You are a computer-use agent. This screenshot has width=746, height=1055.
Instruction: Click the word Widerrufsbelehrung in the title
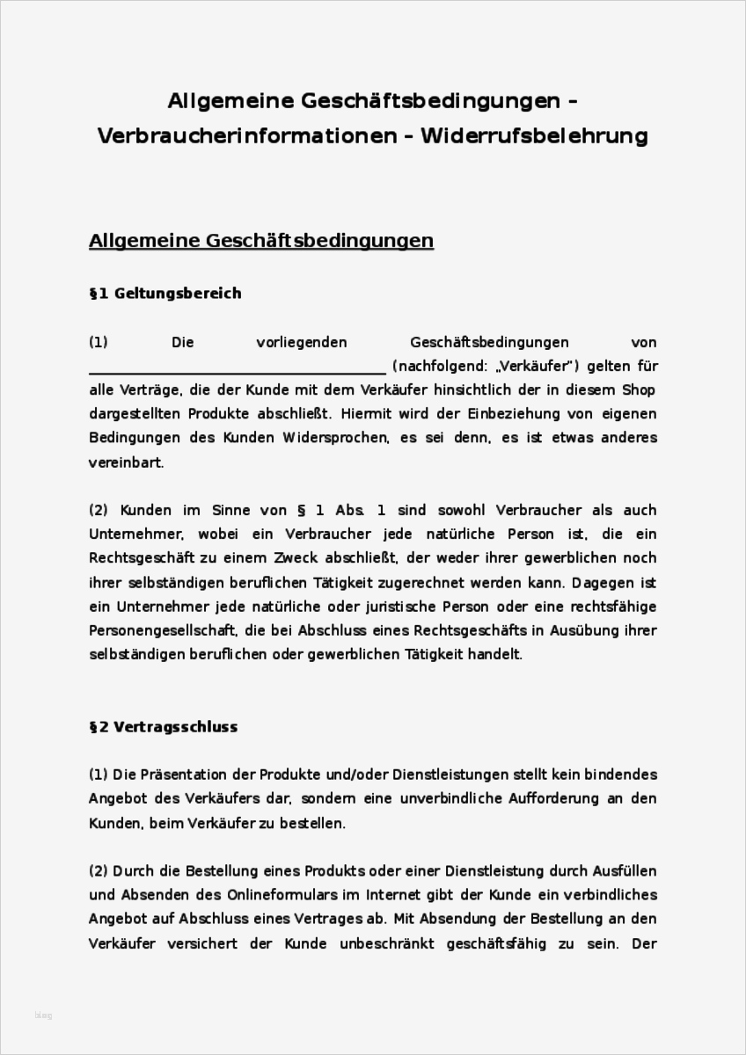pyautogui.click(x=534, y=136)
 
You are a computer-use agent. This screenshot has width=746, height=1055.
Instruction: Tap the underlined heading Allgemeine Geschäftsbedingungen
pyautogui.click(x=261, y=240)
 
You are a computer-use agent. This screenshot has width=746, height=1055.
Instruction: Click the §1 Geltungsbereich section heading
pyautogui.click(x=165, y=294)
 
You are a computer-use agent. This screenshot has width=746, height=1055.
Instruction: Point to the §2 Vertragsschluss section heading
pyautogui.click(x=163, y=727)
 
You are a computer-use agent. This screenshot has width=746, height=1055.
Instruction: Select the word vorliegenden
pyautogui.click(x=302, y=342)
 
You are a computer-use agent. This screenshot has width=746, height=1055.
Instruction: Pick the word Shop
pyautogui.click(x=639, y=389)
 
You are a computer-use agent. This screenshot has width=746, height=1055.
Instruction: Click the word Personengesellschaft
pyautogui.click(x=162, y=630)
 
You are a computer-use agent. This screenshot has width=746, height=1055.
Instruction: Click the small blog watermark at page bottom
pyautogui.click(x=43, y=1015)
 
